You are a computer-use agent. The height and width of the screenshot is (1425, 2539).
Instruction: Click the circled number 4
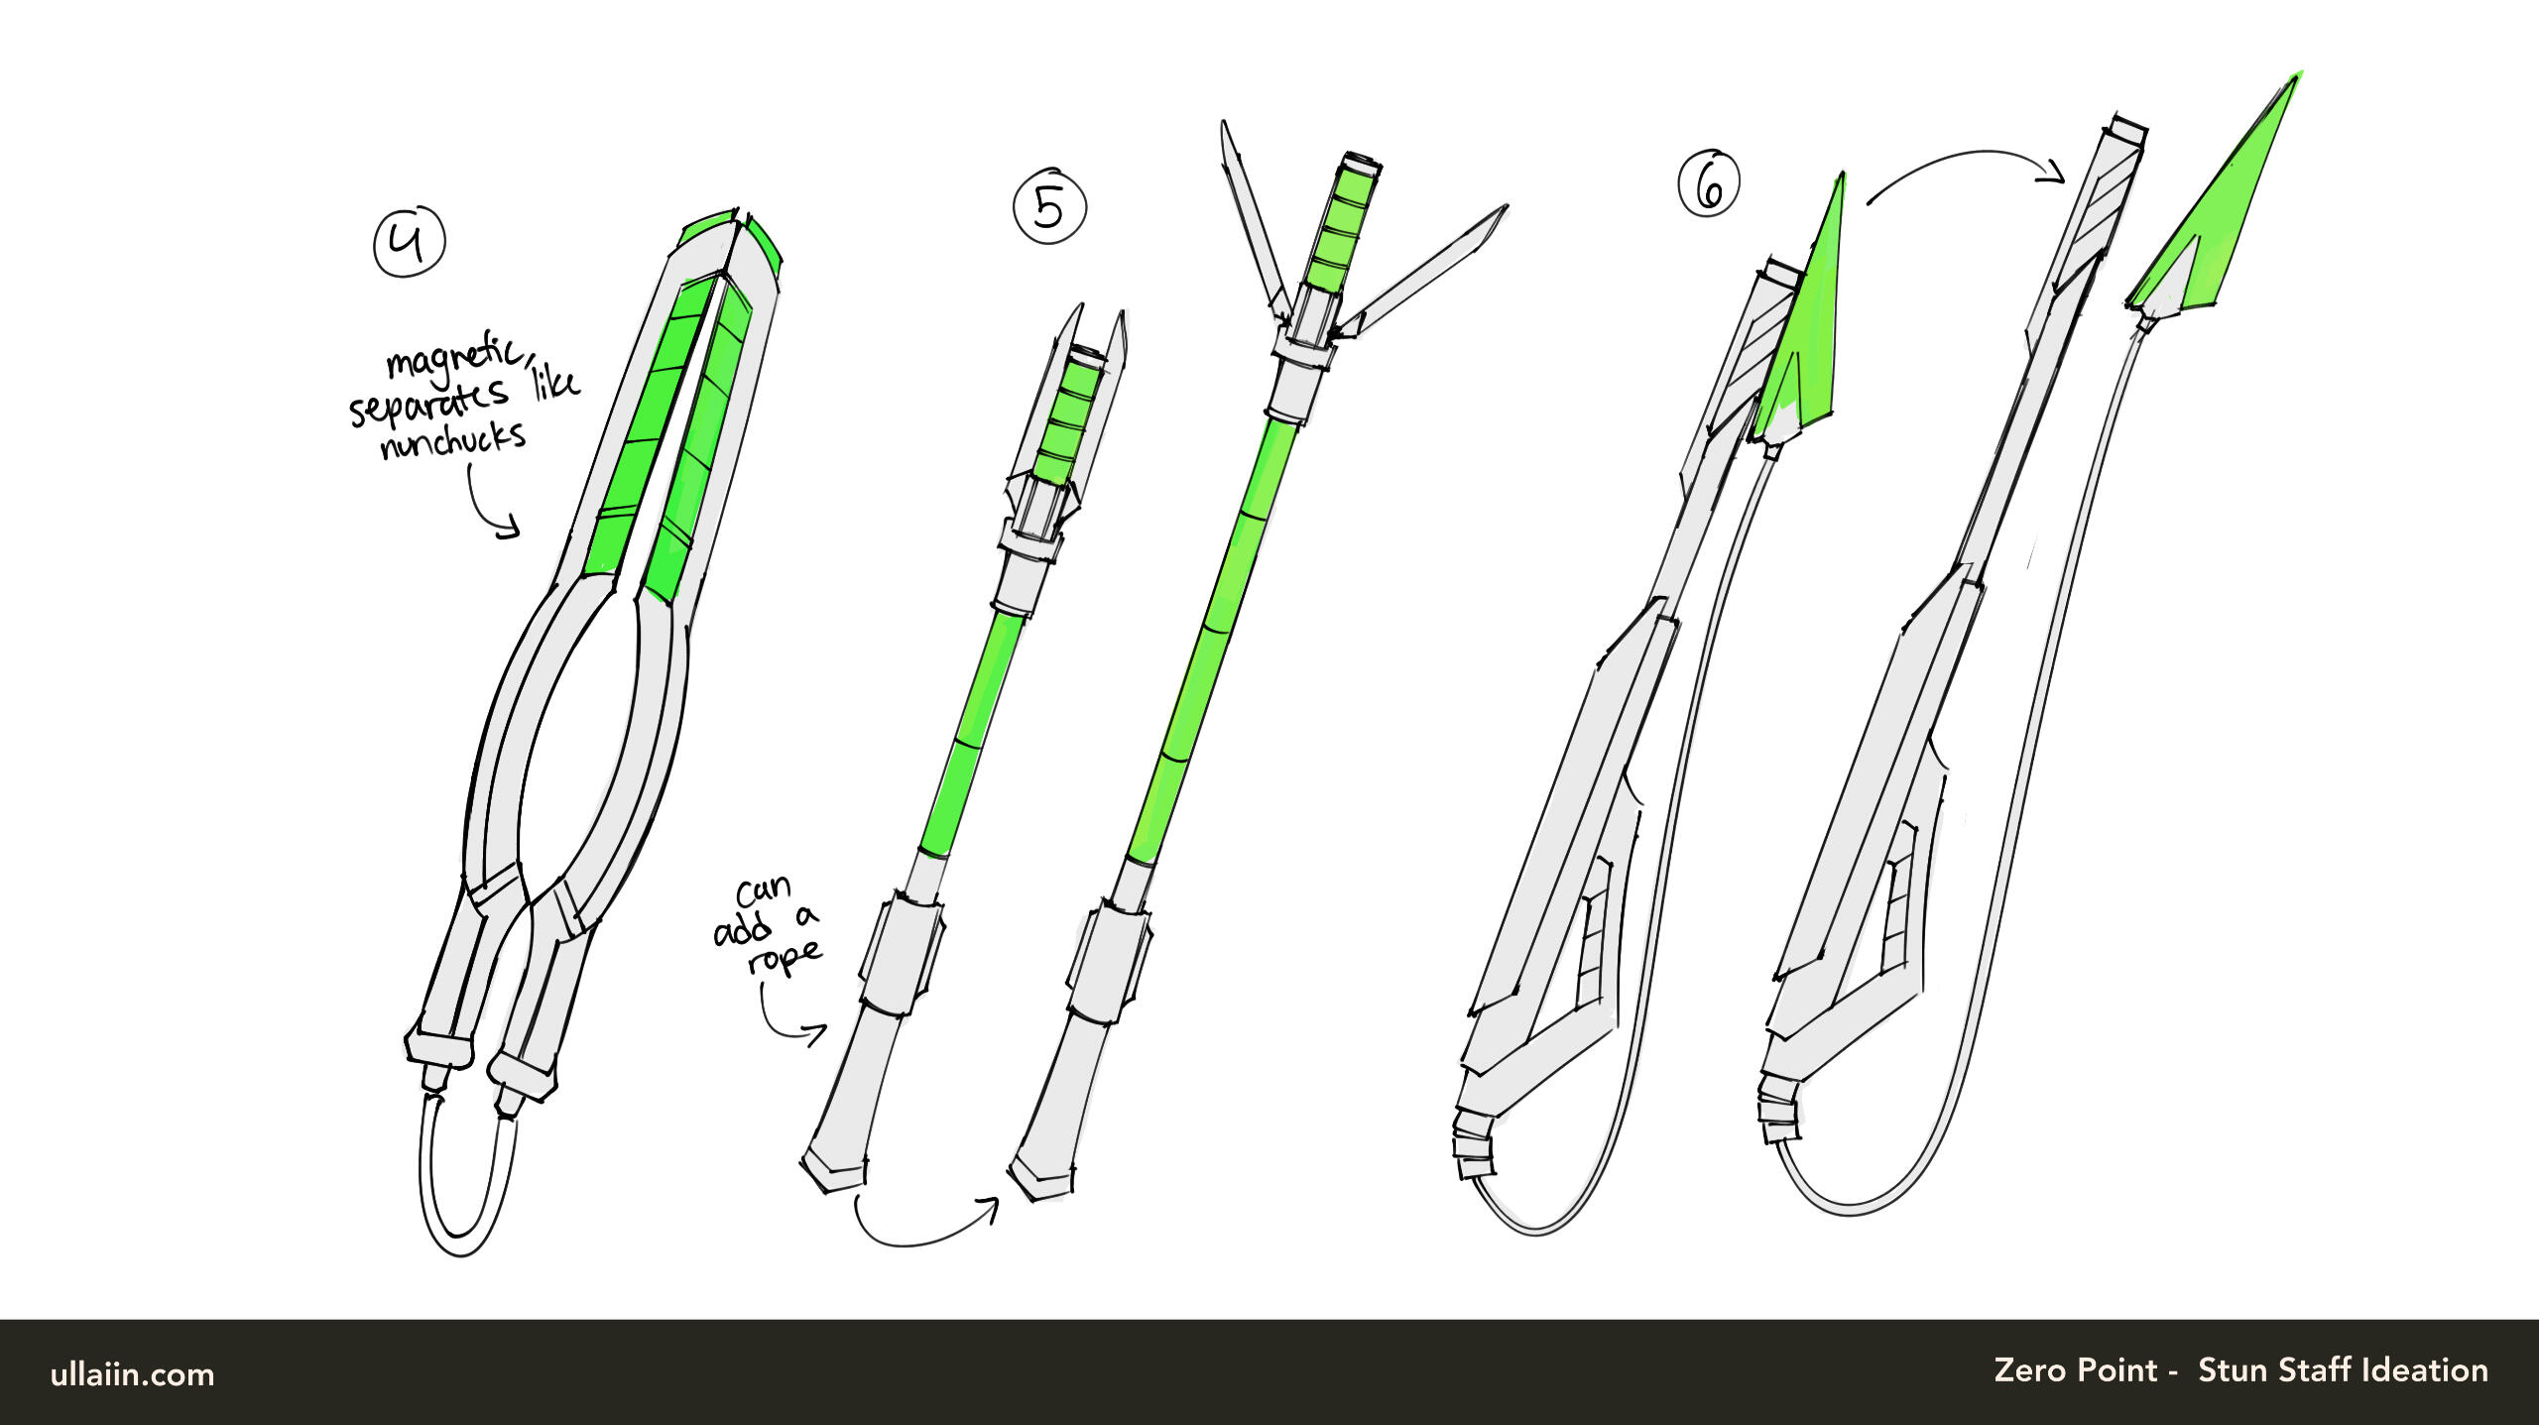pyautogui.click(x=410, y=241)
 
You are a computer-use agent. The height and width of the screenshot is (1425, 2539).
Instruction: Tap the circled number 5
pyautogui.click(x=1049, y=208)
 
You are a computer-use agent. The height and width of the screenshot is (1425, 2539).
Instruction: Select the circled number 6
pyautogui.click(x=1709, y=183)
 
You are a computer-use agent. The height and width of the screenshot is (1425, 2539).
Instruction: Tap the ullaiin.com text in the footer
pyautogui.click(x=132, y=1374)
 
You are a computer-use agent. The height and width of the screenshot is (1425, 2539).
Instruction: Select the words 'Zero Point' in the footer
pyautogui.click(x=2076, y=1370)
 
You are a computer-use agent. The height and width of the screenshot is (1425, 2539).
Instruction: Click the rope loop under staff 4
pyautogui.click(x=462, y=1246)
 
